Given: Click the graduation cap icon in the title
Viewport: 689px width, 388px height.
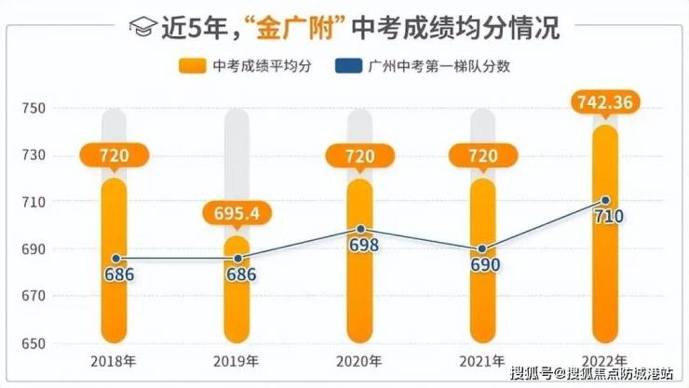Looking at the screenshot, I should (x=142, y=27).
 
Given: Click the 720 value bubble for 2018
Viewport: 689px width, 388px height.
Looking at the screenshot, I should (x=115, y=154).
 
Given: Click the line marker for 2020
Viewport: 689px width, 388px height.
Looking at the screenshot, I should (x=360, y=229).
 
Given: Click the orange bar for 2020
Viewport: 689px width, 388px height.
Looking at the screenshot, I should (x=360, y=298).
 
